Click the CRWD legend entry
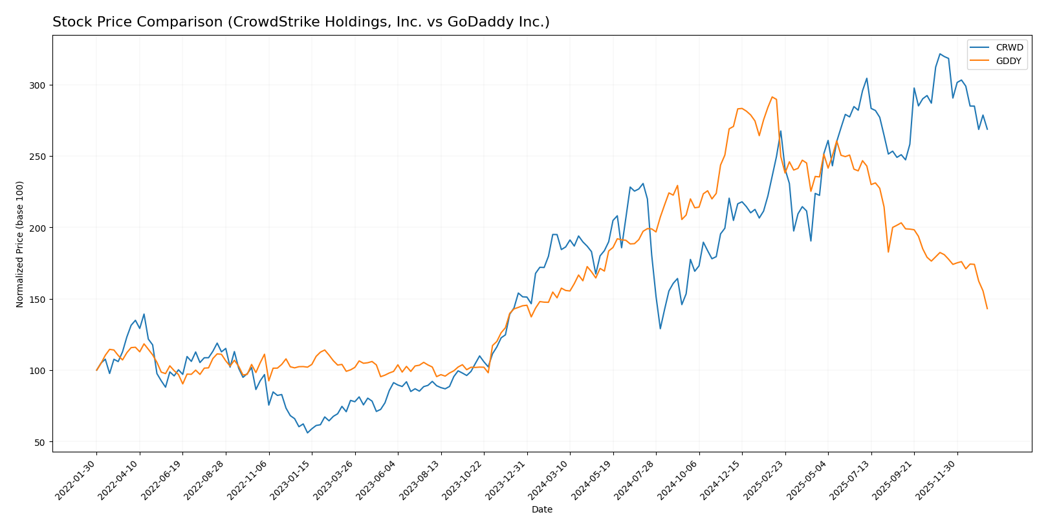point(1009,47)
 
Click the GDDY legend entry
point(1009,61)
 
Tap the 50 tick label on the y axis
point(41,443)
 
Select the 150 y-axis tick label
point(38,300)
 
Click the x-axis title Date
point(541,510)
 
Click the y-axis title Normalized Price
point(20,244)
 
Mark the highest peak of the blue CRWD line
point(940,54)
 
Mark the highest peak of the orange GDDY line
point(772,97)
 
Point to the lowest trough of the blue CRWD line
point(307,432)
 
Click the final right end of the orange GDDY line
point(987,309)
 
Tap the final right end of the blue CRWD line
point(987,129)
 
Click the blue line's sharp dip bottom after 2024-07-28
point(660,329)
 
